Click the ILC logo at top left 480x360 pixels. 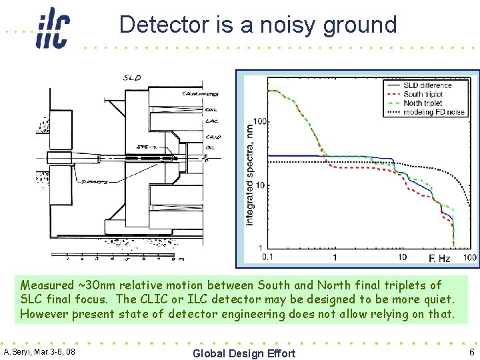point(52,28)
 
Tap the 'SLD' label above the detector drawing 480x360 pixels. point(132,78)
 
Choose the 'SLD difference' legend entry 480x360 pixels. point(427,85)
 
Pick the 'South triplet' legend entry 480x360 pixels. point(423,95)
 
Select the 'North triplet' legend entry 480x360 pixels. point(423,103)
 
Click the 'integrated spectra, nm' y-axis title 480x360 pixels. point(249,174)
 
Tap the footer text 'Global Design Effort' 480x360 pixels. point(243,353)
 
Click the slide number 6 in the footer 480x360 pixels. point(471,352)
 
